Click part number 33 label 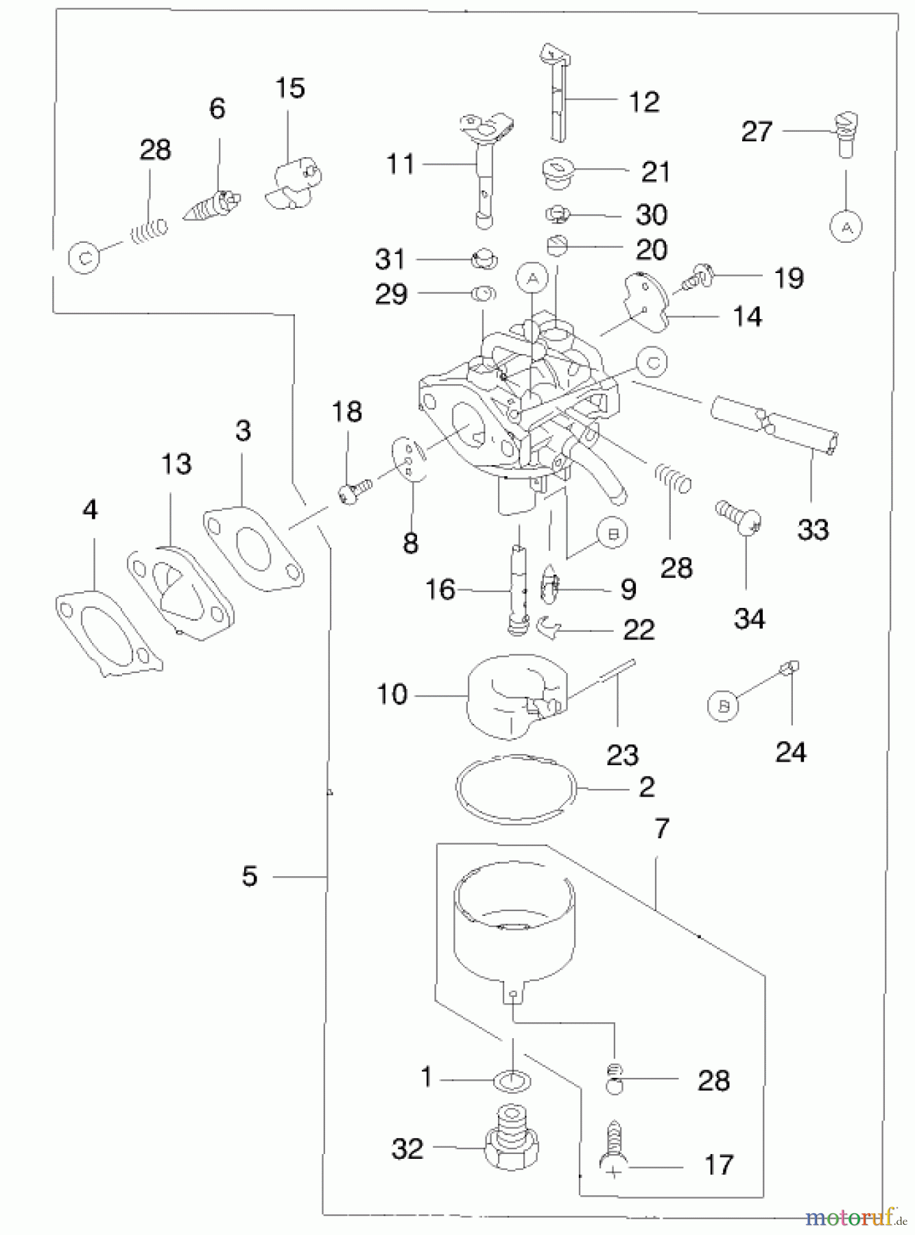click(x=813, y=530)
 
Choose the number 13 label click(x=176, y=464)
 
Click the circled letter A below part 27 click(x=846, y=226)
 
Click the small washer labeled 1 click(x=512, y=1083)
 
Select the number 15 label click(x=289, y=89)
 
